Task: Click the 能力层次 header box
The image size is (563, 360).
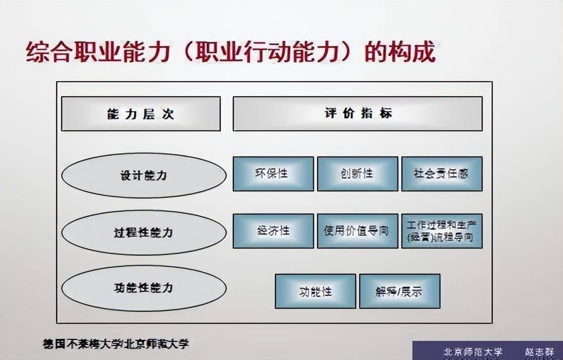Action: [140, 114]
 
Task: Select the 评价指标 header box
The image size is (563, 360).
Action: [358, 114]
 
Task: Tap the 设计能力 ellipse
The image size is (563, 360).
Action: [144, 175]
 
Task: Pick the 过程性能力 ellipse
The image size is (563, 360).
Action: [144, 232]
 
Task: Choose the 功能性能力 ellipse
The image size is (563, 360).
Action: [144, 288]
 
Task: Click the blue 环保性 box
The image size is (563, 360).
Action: [273, 173]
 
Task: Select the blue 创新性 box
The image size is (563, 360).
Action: [358, 173]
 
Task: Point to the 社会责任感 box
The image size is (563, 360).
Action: [442, 173]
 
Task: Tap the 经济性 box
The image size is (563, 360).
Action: [273, 231]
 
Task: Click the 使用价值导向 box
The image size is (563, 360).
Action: [358, 231]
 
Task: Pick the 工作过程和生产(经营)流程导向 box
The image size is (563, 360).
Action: [442, 231]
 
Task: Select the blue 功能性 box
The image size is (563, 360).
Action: [315, 291]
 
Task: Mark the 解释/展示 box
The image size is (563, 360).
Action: [399, 291]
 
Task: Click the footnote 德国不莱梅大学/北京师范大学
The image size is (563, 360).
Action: [115, 344]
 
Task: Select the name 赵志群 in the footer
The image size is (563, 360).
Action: [539, 352]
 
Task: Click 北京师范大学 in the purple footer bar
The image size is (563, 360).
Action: [473, 352]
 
